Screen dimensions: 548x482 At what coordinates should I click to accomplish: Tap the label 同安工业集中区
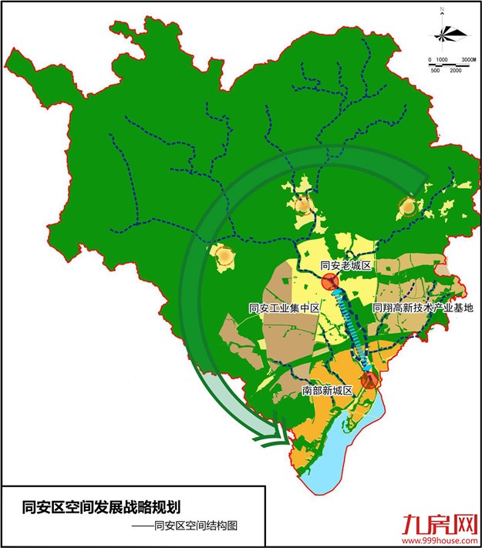(284, 308)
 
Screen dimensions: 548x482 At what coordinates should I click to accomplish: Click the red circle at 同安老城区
(331, 281)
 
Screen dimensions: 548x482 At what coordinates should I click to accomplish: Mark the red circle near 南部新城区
(369, 379)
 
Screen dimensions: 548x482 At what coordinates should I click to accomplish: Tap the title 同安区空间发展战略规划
(103, 507)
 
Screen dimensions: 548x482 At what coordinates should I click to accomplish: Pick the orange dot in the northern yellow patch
(303, 205)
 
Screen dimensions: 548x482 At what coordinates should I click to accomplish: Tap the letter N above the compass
(443, 10)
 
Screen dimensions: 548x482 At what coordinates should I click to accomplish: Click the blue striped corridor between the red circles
(350, 328)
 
